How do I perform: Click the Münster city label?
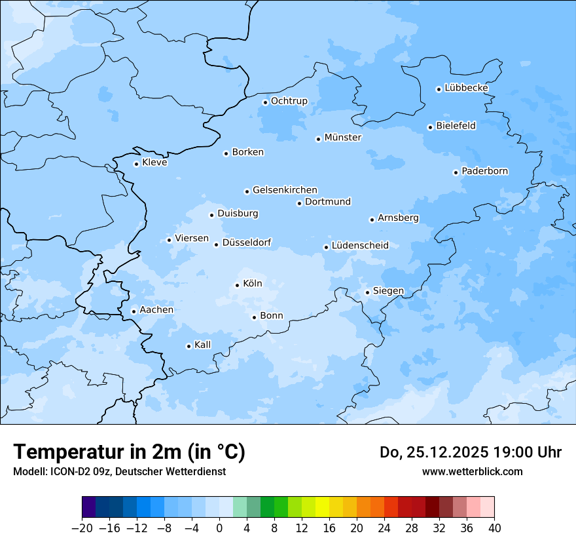[x=343, y=138]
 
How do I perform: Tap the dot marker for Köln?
[x=237, y=285]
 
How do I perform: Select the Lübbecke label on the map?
[x=466, y=88]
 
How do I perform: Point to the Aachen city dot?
[x=134, y=311]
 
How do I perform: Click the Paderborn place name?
[x=484, y=171]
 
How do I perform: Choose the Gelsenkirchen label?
[x=285, y=190]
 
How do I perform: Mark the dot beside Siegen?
[x=367, y=292]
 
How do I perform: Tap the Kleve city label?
[x=154, y=163]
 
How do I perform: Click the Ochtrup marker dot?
[x=265, y=102]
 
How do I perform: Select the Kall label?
[x=203, y=345]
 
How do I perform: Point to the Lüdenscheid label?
[x=360, y=246]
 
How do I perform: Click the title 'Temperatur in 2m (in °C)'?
[x=129, y=452]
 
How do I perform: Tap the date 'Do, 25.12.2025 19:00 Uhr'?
[x=471, y=452]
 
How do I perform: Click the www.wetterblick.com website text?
[x=472, y=471]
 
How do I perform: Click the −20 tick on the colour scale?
[x=82, y=528]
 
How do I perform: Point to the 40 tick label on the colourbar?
[x=494, y=528]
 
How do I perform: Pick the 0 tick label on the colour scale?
[x=219, y=528]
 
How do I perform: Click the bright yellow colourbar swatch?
[x=322, y=507]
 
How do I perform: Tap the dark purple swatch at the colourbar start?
[x=89, y=507]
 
